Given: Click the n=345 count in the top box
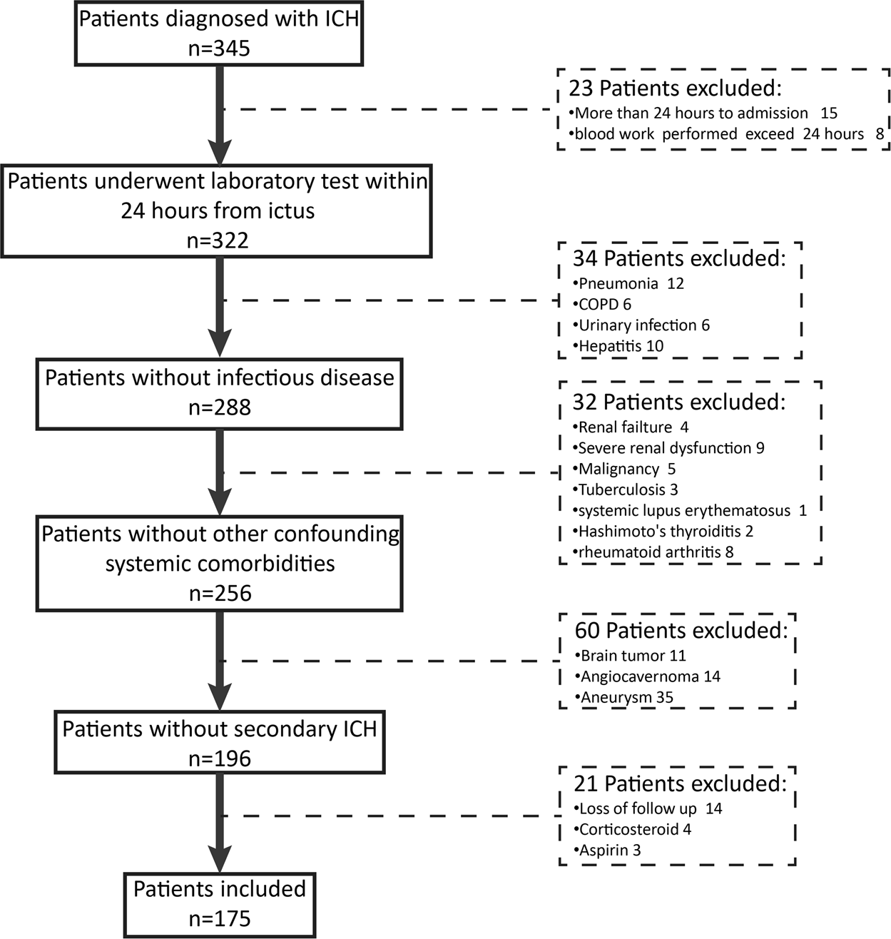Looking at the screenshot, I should pyautogui.click(x=219, y=49).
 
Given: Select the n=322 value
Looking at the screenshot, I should pyautogui.click(x=218, y=240).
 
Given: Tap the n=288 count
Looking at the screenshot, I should pyautogui.click(x=219, y=407).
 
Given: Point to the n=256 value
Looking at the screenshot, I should pyautogui.click(x=219, y=593).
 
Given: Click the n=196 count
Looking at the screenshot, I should pyautogui.click(x=219, y=758).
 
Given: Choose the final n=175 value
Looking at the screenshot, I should pyautogui.click(x=219, y=918).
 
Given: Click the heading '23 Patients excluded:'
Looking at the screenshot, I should pyautogui.click(x=675, y=88).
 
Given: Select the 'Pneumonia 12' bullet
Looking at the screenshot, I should pyautogui.click(x=631, y=283).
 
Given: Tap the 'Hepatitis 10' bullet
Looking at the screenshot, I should pyautogui.click(x=621, y=346).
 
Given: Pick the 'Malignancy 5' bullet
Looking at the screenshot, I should pyautogui.click(x=626, y=469).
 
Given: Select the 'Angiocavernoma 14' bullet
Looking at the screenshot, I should pyautogui.click(x=650, y=676).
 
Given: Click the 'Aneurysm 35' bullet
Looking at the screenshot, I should pyautogui.click(x=626, y=697).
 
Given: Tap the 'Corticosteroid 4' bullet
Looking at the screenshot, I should pyautogui.click(x=634, y=829).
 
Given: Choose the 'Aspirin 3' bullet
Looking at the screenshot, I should pyautogui.click(x=610, y=850).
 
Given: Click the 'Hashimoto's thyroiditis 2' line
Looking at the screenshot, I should pyautogui.click(x=665, y=531).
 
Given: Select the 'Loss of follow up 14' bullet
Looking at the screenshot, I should pyautogui.click(x=650, y=808).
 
